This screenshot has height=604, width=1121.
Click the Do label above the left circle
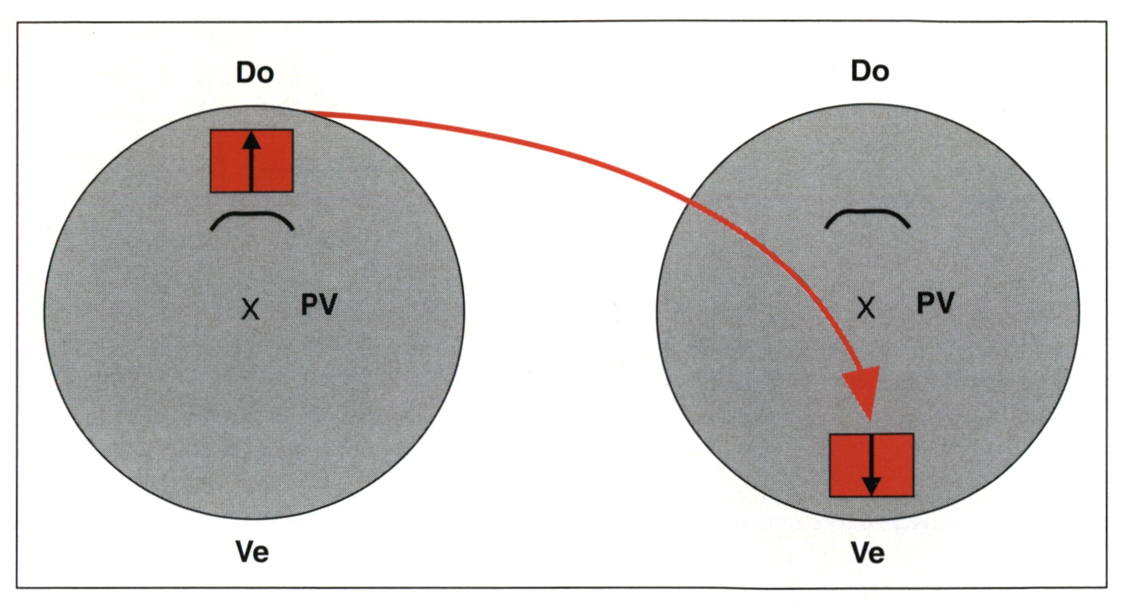pos(255,73)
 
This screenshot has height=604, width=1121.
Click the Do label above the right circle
pos(870,71)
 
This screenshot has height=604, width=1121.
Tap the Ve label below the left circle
pos(252,553)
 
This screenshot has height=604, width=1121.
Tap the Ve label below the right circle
pos(868,553)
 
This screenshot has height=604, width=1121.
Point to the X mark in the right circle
pos(866,308)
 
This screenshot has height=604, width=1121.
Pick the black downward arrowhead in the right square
pos(871,484)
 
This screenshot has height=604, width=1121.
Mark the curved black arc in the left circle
pos(252,221)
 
